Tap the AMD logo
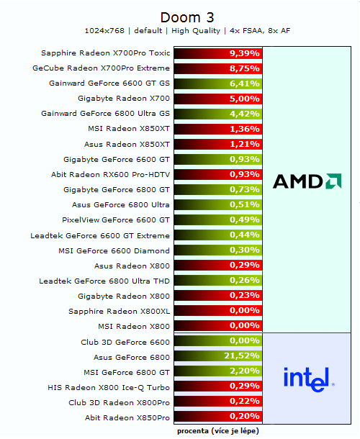(307, 181)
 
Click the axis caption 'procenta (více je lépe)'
(217, 430)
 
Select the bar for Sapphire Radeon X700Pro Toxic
(217, 53)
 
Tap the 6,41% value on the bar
(243, 83)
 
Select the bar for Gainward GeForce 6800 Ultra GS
(217, 114)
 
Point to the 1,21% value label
(243, 144)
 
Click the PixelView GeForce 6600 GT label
(116, 219)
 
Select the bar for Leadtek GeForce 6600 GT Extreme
(217, 235)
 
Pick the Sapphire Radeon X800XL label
(119, 311)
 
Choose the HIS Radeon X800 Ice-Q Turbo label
(108, 386)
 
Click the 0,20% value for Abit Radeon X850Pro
(243, 417)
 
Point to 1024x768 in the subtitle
(104, 31)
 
